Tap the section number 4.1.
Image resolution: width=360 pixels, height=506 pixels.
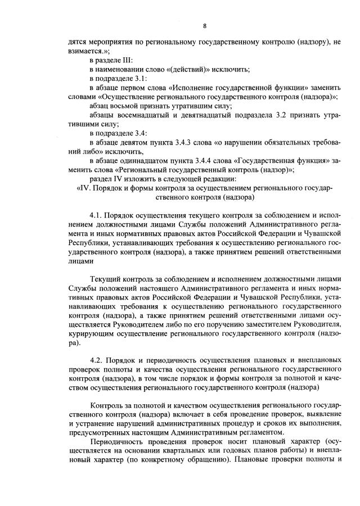[97, 215]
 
